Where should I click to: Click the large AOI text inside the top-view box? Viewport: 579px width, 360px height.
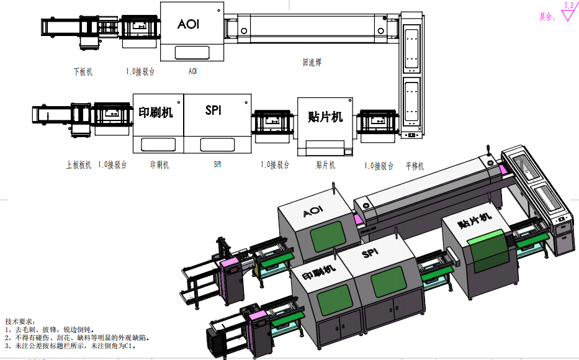coord(188,24)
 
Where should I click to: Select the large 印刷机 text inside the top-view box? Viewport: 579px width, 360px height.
coord(156,112)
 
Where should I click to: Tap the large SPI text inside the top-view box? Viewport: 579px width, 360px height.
coord(213,110)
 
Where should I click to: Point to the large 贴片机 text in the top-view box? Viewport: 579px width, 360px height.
coord(325,116)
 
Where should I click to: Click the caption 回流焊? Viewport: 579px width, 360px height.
coord(312,62)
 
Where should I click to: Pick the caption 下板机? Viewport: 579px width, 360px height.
coord(83,72)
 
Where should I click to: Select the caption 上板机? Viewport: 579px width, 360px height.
coord(79,165)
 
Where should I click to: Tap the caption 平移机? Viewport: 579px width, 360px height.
coord(415,166)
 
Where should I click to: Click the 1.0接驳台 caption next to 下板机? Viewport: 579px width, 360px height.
coord(140,72)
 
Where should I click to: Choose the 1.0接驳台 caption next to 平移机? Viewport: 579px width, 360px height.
coord(379,166)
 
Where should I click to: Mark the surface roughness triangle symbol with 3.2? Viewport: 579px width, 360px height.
coord(568,13)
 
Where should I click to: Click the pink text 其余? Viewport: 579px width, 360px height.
coord(547,17)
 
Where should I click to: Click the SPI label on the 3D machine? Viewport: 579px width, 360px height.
coord(370,253)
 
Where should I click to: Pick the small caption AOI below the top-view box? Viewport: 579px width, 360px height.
coord(193,72)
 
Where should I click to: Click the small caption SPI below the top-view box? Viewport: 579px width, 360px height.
coord(217,165)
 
